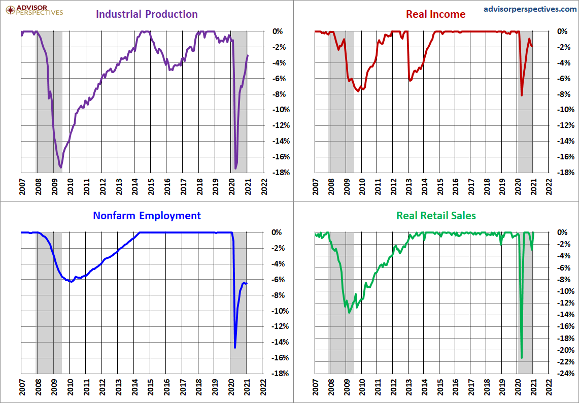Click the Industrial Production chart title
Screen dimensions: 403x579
(147, 14)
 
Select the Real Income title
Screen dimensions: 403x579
(435, 14)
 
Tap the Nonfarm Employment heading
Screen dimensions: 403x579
(147, 215)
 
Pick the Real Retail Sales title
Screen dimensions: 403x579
(436, 215)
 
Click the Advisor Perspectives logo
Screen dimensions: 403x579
(35, 10)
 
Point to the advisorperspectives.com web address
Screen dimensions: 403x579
(530, 9)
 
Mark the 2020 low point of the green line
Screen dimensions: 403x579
(521, 358)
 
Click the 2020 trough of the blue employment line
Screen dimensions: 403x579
(235, 348)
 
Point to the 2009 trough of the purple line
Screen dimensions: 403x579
(61, 167)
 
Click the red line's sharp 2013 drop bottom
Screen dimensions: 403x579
(410, 80)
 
